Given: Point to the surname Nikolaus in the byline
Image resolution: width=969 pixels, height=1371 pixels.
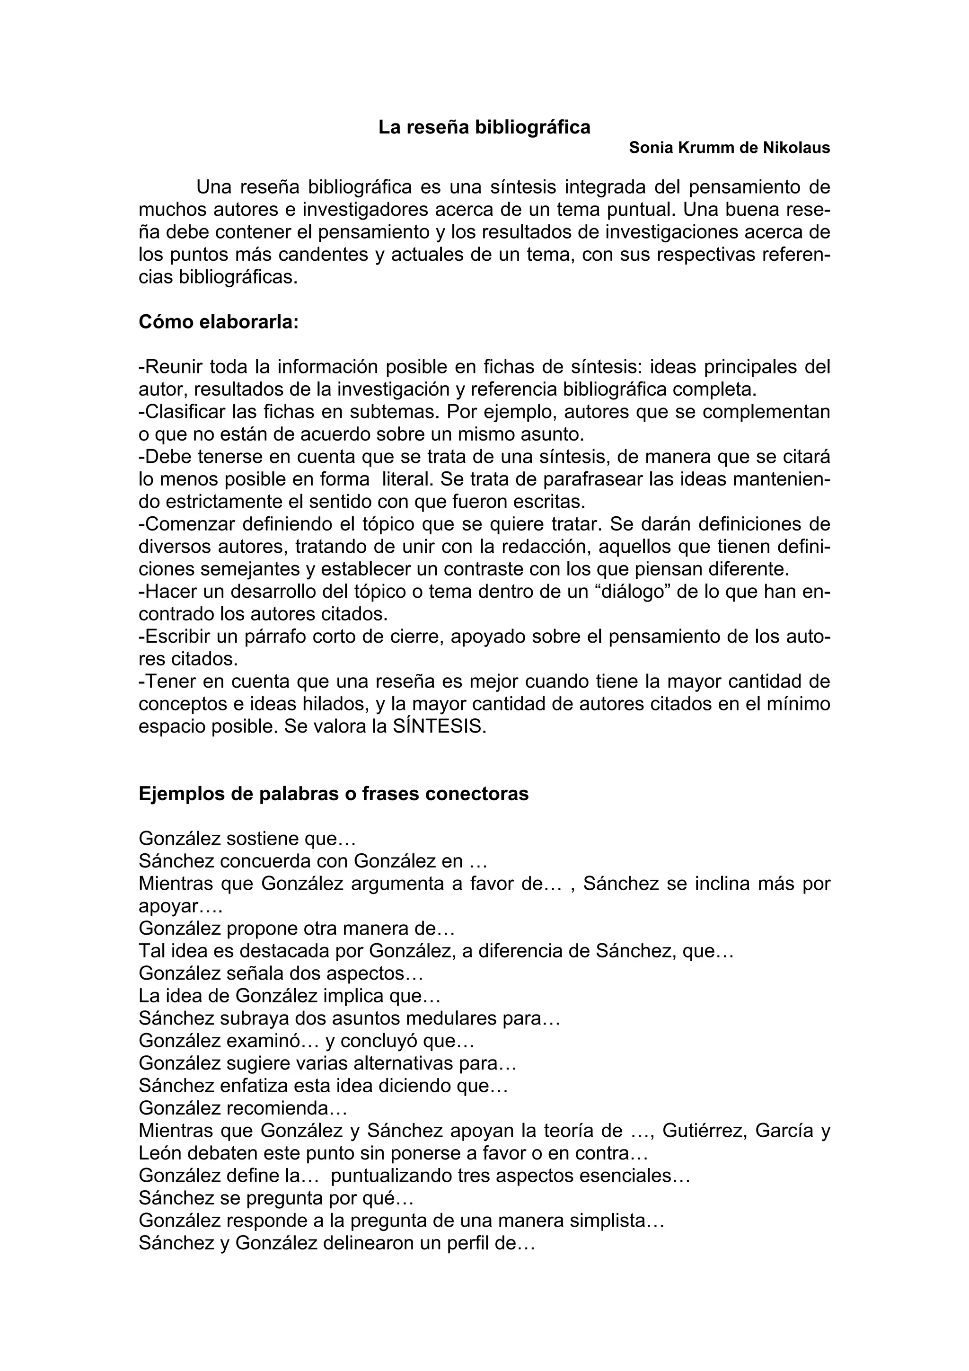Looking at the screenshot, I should (x=796, y=148).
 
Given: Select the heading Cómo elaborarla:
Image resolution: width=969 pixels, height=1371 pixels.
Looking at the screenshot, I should (x=219, y=322).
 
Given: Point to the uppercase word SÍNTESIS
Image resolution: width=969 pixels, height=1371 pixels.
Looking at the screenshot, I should (x=442, y=727).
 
